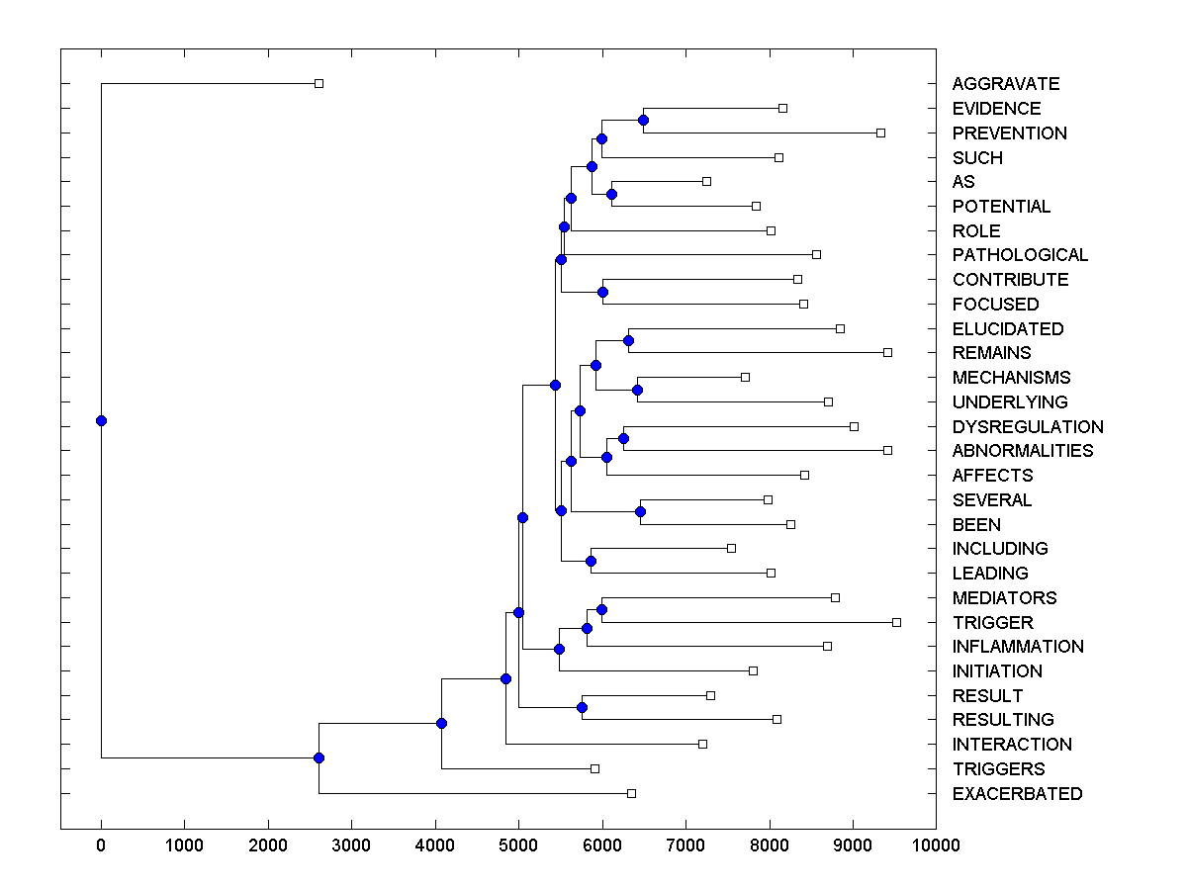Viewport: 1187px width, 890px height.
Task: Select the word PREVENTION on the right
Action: [1009, 133]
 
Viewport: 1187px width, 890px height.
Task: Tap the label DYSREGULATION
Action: [1028, 427]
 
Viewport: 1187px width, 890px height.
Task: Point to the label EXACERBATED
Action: [1017, 794]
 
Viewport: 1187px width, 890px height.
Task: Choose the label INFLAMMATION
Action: [1018, 647]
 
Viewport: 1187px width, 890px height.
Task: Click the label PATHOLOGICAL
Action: [1020, 255]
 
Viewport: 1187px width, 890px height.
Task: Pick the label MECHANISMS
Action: [1011, 378]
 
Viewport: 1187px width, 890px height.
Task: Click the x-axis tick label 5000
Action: [518, 845]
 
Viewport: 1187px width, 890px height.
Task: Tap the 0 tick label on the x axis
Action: [101, 845]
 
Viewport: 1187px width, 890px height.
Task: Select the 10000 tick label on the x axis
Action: [936, 845]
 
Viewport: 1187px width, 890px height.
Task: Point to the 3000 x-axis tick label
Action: [351, 845]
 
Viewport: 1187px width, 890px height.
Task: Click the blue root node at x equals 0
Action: [101, 420]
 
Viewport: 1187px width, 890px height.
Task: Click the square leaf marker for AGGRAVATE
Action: [319, 84]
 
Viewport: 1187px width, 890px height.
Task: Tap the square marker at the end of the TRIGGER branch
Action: [896, 622]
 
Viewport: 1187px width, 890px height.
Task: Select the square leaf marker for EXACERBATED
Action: [631, 793]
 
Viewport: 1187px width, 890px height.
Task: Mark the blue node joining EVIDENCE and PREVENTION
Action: [643, 120]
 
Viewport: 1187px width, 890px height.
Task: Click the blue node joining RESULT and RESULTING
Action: [582, 707]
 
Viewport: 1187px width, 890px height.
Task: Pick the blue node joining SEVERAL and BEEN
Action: [640, 511]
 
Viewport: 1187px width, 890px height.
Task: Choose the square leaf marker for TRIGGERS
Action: [594, 768]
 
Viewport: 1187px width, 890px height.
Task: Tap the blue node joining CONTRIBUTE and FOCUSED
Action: [602, 292]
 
